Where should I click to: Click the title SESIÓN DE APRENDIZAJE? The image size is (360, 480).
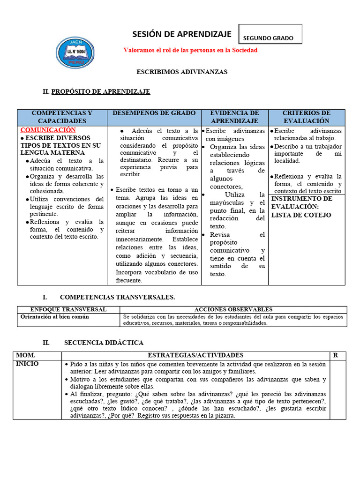point(182,34)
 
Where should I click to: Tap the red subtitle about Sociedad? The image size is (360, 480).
point(190,50)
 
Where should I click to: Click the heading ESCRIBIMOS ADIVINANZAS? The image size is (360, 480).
point(181,72)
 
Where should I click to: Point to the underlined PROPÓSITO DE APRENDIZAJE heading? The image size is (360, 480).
point(100,91)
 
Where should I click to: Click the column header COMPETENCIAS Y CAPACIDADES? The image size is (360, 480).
point(62,117)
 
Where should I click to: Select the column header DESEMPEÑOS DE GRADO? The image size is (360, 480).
point(154,113)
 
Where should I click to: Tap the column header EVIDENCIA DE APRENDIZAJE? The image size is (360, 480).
point(234,117)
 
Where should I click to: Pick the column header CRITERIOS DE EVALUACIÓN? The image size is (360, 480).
point(307,117)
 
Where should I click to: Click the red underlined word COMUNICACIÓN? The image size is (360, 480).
point(48,130)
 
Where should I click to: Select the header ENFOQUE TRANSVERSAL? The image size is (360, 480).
point(68,309)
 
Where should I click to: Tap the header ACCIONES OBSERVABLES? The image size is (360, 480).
point(233,309)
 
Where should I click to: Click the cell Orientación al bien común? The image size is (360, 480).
point(55,316)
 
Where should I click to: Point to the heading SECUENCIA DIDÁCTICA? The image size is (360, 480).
point(104,343)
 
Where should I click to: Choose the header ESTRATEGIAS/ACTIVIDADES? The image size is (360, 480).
point(195,355)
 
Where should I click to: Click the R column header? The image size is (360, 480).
point(336,355)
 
